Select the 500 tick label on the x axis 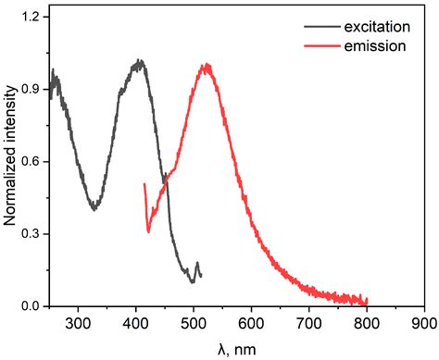194,323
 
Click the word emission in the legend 370,45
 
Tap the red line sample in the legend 322,46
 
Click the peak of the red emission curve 206,66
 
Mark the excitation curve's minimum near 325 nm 94,208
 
